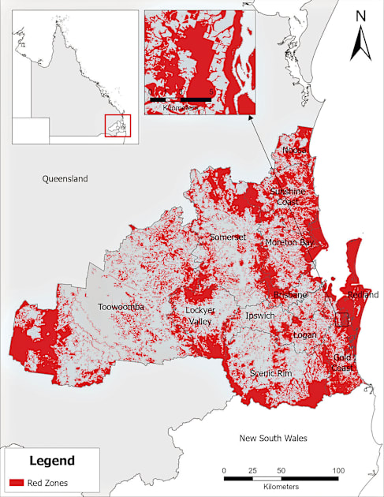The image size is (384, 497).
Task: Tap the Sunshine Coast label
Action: click(x=286, y=196)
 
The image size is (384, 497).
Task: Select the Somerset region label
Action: click(x=229, y=237)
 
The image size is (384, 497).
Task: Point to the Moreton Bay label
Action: click(x=289, y=242)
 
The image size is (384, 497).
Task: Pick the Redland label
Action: click(x=363, y=294)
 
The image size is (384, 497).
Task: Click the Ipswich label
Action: click(x=259, y=316)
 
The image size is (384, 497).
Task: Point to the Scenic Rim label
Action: click(x=271, y=372)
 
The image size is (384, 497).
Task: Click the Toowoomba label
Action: click(x=121, y=306)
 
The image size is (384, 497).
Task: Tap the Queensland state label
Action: click(x=65, y=179)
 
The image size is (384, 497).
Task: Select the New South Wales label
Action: click(x=274, y=438)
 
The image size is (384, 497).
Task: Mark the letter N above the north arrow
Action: click(x=361, y=15)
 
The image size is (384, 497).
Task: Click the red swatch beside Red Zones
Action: click(x=18, y=480)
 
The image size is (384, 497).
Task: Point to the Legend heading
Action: click(x=52, y=461)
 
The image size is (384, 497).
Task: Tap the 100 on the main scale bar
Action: click(x=338, y=470)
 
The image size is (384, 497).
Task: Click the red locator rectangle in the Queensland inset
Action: click(x=117, y=125)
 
